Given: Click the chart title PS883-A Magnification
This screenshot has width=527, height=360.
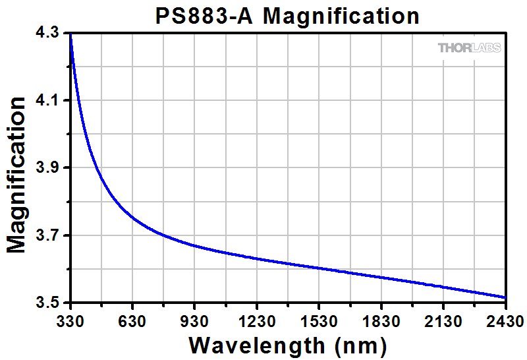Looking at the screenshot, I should coord(288,15).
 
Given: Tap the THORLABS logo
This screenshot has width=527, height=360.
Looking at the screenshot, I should coord(469,47).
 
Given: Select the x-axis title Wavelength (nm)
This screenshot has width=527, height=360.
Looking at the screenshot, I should coord(287,345).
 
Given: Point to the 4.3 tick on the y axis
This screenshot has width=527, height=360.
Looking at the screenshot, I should coord(48,33).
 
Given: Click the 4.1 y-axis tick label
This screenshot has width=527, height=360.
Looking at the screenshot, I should coord(48,101).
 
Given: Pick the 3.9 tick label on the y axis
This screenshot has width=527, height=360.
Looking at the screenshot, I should coord(48,168).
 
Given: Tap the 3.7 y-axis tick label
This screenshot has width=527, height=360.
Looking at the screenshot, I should coord(48,235).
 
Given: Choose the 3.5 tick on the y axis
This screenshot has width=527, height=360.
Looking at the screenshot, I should coord(48,303).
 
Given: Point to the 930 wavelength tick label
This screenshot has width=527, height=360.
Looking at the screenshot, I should coord(194,321).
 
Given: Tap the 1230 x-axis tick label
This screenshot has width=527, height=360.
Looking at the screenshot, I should coord(256,321).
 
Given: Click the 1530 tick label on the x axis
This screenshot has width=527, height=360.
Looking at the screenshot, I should coord(319,321).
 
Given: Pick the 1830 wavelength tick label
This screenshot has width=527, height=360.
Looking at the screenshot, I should coord(381,321).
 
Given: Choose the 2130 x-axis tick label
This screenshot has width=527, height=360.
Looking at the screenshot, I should coord(443,321).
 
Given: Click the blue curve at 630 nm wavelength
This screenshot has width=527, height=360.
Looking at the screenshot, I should coord(132,218).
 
